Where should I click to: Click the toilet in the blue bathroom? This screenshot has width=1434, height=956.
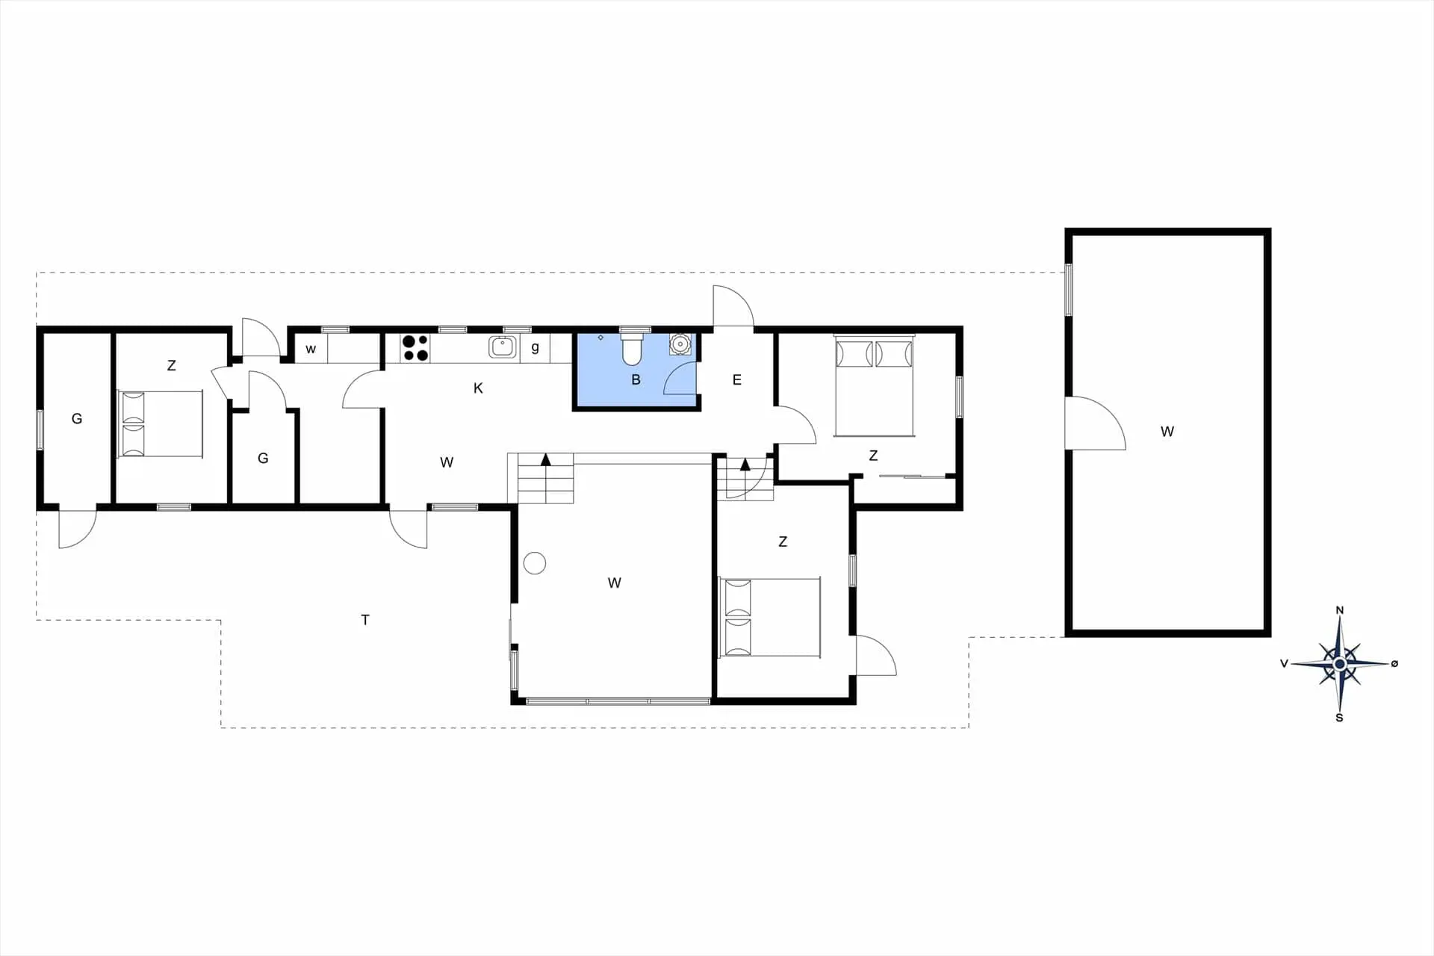633,349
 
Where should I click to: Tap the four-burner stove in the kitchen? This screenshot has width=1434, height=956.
415,348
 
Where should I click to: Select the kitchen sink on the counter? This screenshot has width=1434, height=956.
503,347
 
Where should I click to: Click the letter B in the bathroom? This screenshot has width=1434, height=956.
636,379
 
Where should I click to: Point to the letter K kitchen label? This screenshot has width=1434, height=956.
478,388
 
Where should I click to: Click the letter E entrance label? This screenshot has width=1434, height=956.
736,380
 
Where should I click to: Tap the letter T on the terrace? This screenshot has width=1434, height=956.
365,619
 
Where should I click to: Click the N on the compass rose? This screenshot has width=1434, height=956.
1340,610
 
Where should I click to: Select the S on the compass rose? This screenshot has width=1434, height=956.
1339,718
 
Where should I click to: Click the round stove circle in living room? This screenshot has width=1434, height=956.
535,562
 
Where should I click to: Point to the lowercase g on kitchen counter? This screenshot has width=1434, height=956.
535,347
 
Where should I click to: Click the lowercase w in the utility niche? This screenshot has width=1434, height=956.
311,349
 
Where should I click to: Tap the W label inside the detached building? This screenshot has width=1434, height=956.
1167,431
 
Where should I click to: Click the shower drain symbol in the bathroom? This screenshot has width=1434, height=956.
600,338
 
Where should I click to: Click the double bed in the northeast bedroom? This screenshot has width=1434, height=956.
874,386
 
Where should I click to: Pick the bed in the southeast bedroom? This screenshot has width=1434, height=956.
769,617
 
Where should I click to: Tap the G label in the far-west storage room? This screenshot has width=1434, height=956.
77,419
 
